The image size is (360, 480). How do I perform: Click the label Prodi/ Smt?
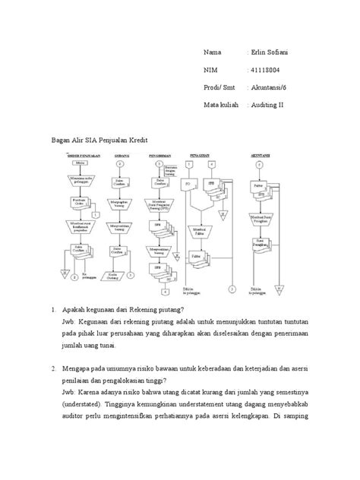tap(218, 88)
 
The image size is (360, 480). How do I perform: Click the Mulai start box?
tap(77, 162)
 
